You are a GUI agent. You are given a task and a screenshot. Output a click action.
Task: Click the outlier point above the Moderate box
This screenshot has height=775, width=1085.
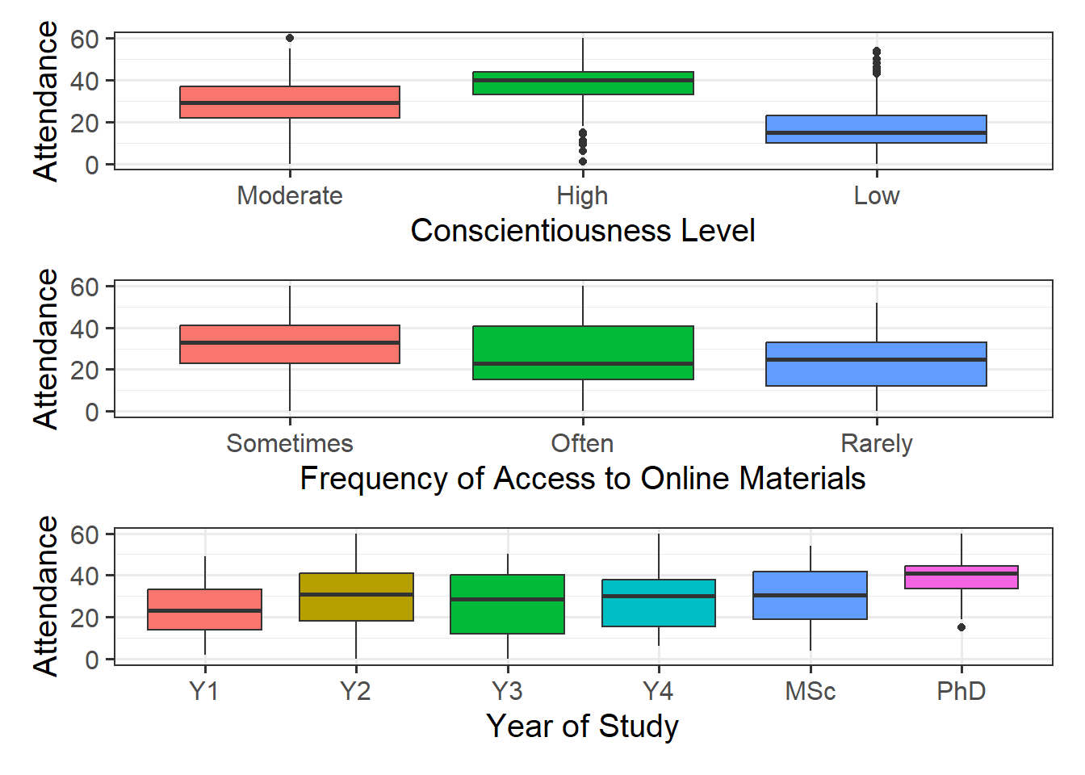coord(290,38)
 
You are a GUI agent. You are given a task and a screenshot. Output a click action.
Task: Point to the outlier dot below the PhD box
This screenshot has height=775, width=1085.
coord(961,627)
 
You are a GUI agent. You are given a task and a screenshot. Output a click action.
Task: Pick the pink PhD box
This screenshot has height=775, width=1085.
coord(961,577)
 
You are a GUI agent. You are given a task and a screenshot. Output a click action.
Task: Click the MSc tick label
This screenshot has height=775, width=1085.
coord(810,692)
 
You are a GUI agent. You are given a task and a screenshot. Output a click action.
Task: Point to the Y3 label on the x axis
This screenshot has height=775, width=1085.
coord(507,692)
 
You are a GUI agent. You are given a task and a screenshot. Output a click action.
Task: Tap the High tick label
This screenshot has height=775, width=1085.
coord(582,196)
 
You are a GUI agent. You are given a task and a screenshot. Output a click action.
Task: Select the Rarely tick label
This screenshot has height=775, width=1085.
coord(876,444)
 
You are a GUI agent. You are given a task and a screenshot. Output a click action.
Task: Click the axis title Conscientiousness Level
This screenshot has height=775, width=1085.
coord(582,231)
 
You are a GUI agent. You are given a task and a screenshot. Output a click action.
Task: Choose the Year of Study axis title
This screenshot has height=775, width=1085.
coord(582,726)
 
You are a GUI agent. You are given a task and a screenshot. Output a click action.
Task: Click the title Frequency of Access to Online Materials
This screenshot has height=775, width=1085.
coord(582,479)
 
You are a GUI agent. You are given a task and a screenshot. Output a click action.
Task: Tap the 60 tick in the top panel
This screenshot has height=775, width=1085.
coord(84,39)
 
